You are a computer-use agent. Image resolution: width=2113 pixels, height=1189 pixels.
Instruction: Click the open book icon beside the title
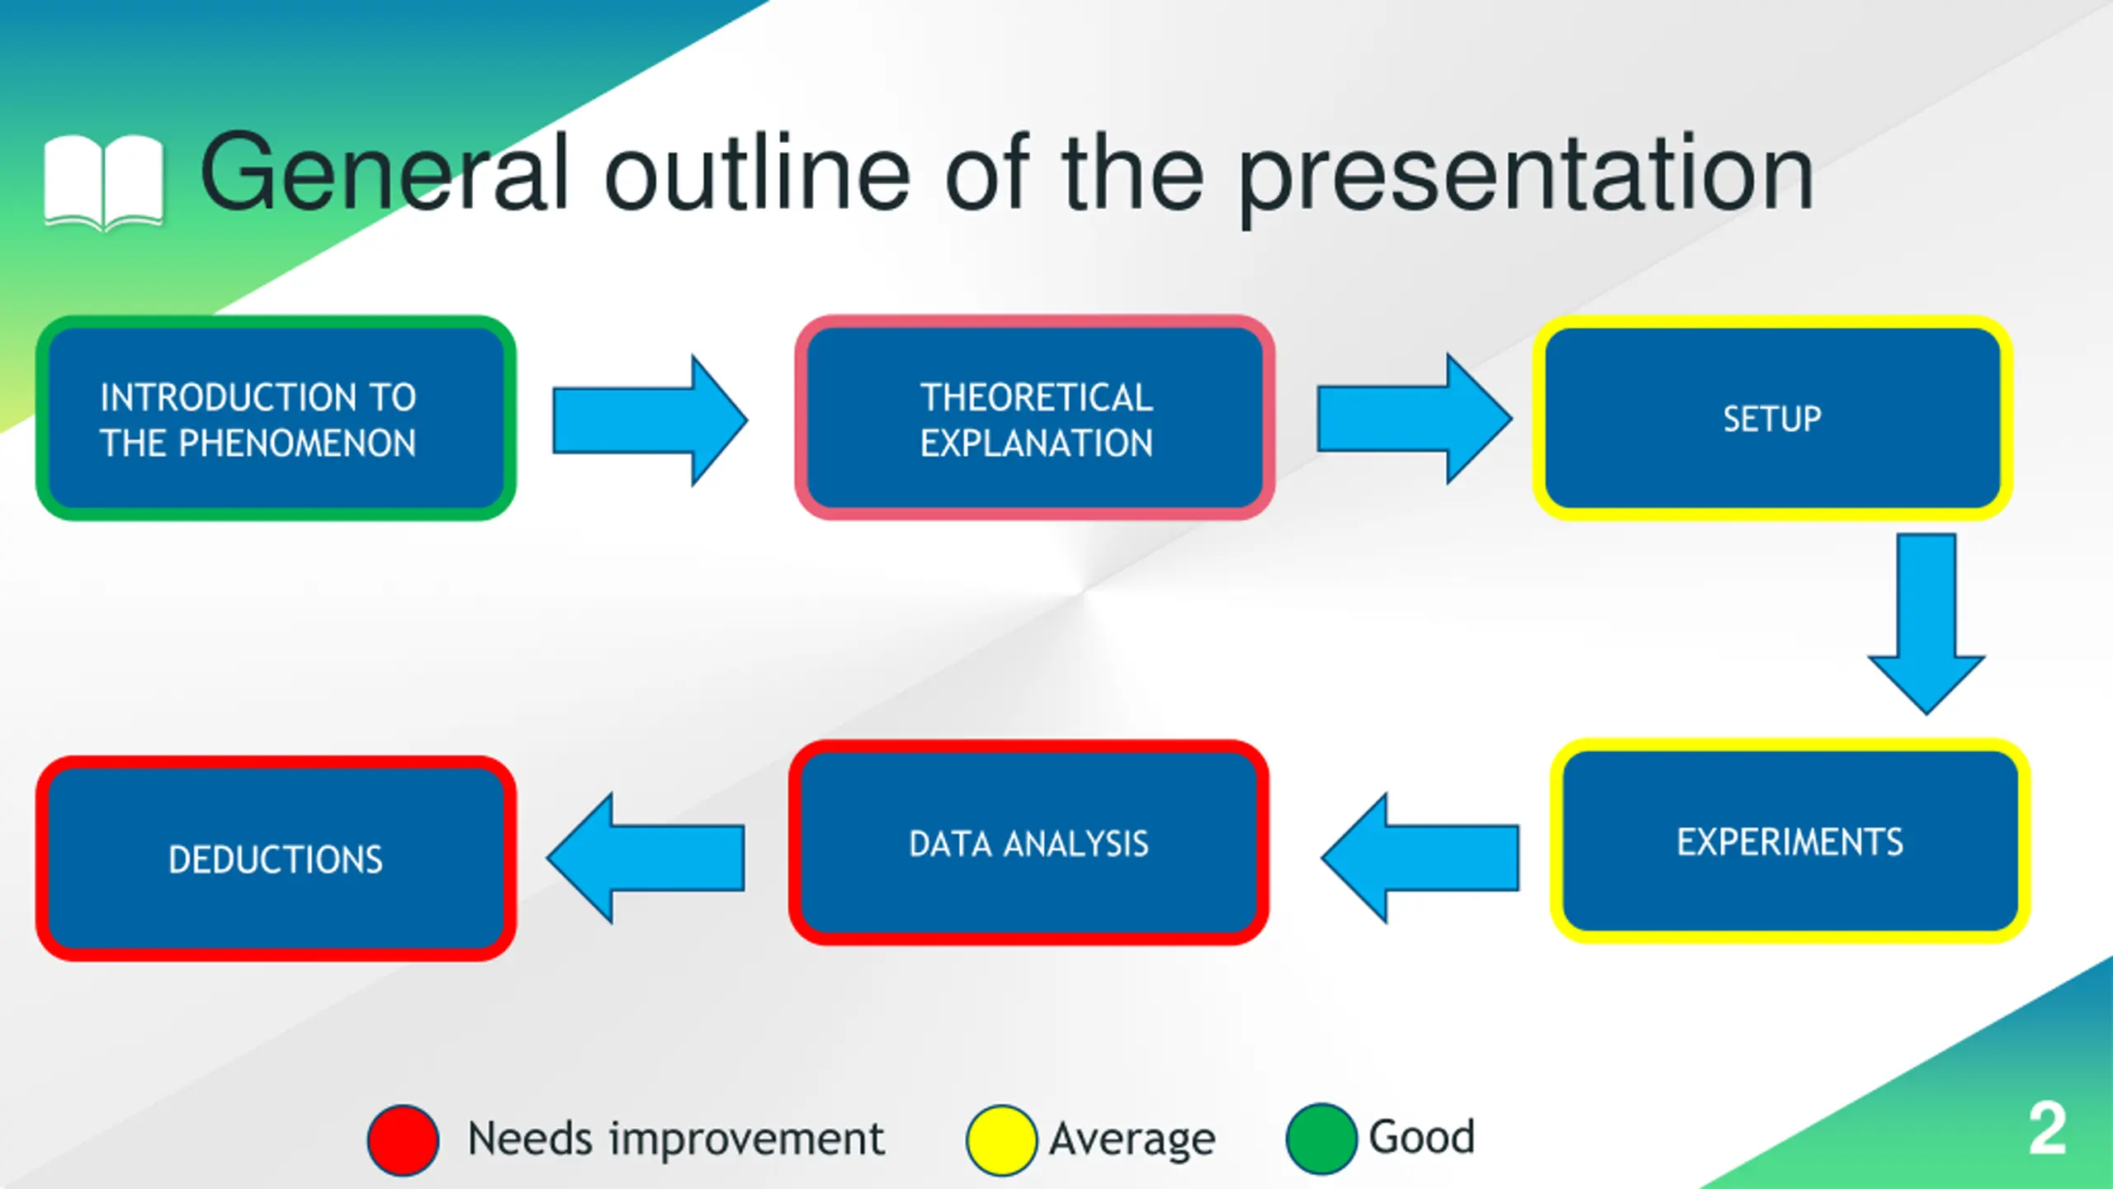(x=104, y=182)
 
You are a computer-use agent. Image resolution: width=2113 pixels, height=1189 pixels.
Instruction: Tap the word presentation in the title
(x=1526, y=178)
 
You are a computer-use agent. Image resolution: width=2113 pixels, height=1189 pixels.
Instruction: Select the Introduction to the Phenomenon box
(x=276, y=418)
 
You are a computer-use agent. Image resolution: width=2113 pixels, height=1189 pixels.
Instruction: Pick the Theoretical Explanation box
(x=1035, y=418)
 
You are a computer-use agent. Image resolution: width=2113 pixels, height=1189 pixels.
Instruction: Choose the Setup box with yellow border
(x=1772, y=418)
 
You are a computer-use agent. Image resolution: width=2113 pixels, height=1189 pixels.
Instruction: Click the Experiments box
(x=1789, y=841)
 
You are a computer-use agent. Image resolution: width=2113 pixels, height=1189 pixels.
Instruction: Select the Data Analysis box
(x=1028, y=843)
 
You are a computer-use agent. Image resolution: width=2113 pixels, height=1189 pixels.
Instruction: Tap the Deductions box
(x=276, y=859)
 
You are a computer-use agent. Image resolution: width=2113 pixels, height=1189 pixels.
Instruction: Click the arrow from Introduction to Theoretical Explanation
(x=650, y=421)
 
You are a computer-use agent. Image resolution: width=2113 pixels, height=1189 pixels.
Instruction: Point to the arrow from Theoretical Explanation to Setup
(x=1415, y=419)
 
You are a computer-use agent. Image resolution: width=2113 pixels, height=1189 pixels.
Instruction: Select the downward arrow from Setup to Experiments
(x=1926, y=624)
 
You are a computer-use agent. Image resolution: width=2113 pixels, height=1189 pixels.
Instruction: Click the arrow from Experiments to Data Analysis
(x=1420, y=858)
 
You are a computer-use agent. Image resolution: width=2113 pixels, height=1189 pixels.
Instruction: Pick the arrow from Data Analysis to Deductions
(x=645, y=858)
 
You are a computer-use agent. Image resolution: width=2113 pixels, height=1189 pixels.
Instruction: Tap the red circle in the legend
(x=403, y=1140)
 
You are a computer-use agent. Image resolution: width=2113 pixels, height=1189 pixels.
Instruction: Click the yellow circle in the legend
(x=1001, y=1140)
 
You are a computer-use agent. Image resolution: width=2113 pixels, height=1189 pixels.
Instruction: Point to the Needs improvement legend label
(x=676, y=1139)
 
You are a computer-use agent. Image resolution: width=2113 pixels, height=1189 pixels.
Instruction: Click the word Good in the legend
(x=1421, y=1137)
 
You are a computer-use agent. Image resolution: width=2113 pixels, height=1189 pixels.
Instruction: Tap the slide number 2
(x=2048, y=1128)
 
